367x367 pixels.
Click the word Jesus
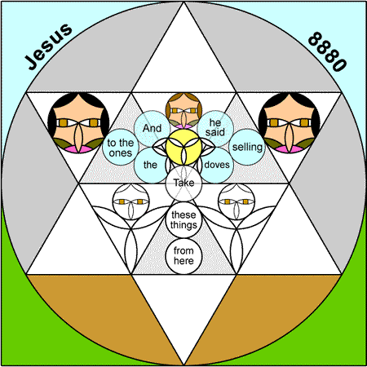click(48, 46)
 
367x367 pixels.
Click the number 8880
click(327, 51)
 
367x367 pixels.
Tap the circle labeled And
click(153, 129)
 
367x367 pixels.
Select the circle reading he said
click(215, 129)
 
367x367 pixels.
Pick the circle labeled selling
click(247, 147)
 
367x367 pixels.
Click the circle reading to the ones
click(121, 147)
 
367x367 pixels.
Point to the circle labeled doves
click(217, 165)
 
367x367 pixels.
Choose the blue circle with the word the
click(151, 165)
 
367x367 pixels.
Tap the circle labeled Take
click(183, 183)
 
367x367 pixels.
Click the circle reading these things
click(183, 220)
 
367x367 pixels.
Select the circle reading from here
click(183, 256)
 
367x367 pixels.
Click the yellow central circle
click(183, 147)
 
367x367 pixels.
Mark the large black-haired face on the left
click(78, 123)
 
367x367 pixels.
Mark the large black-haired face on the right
click(289, 123)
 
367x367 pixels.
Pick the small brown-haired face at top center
click(183, 111)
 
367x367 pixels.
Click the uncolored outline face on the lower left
click(131, 201)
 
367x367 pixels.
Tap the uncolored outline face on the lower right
click(237, 201)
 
